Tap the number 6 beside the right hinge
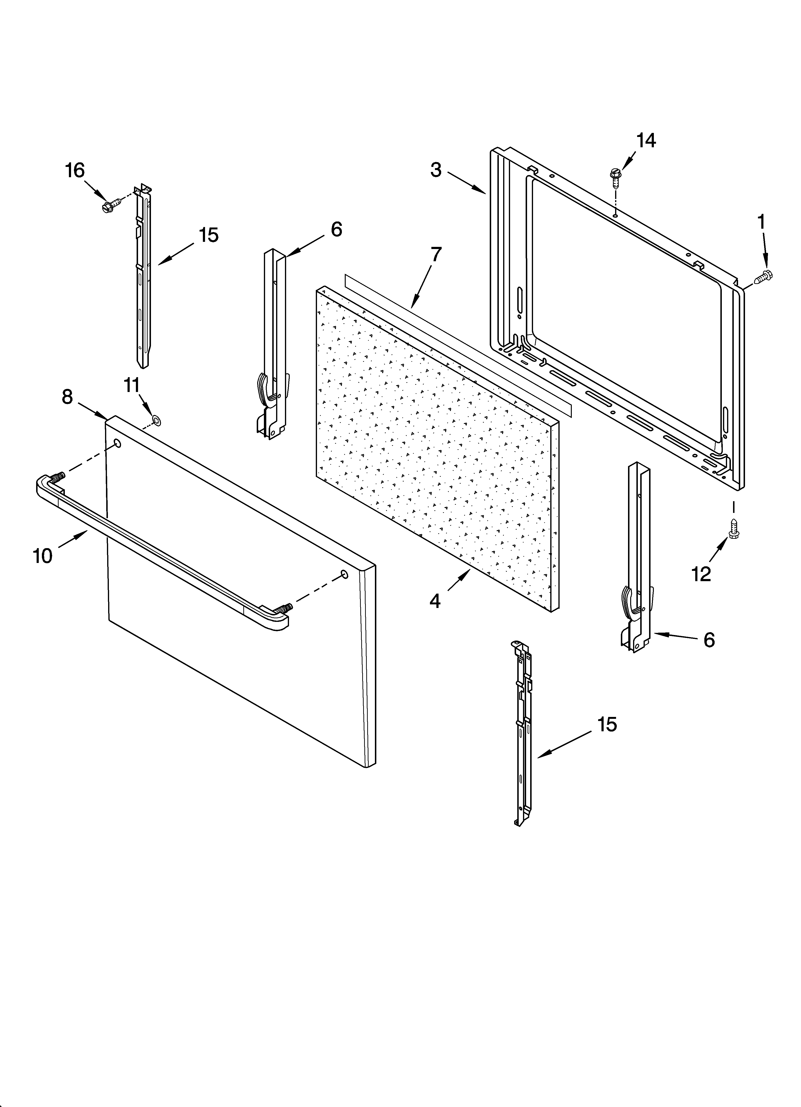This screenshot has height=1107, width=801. [709, 640]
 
